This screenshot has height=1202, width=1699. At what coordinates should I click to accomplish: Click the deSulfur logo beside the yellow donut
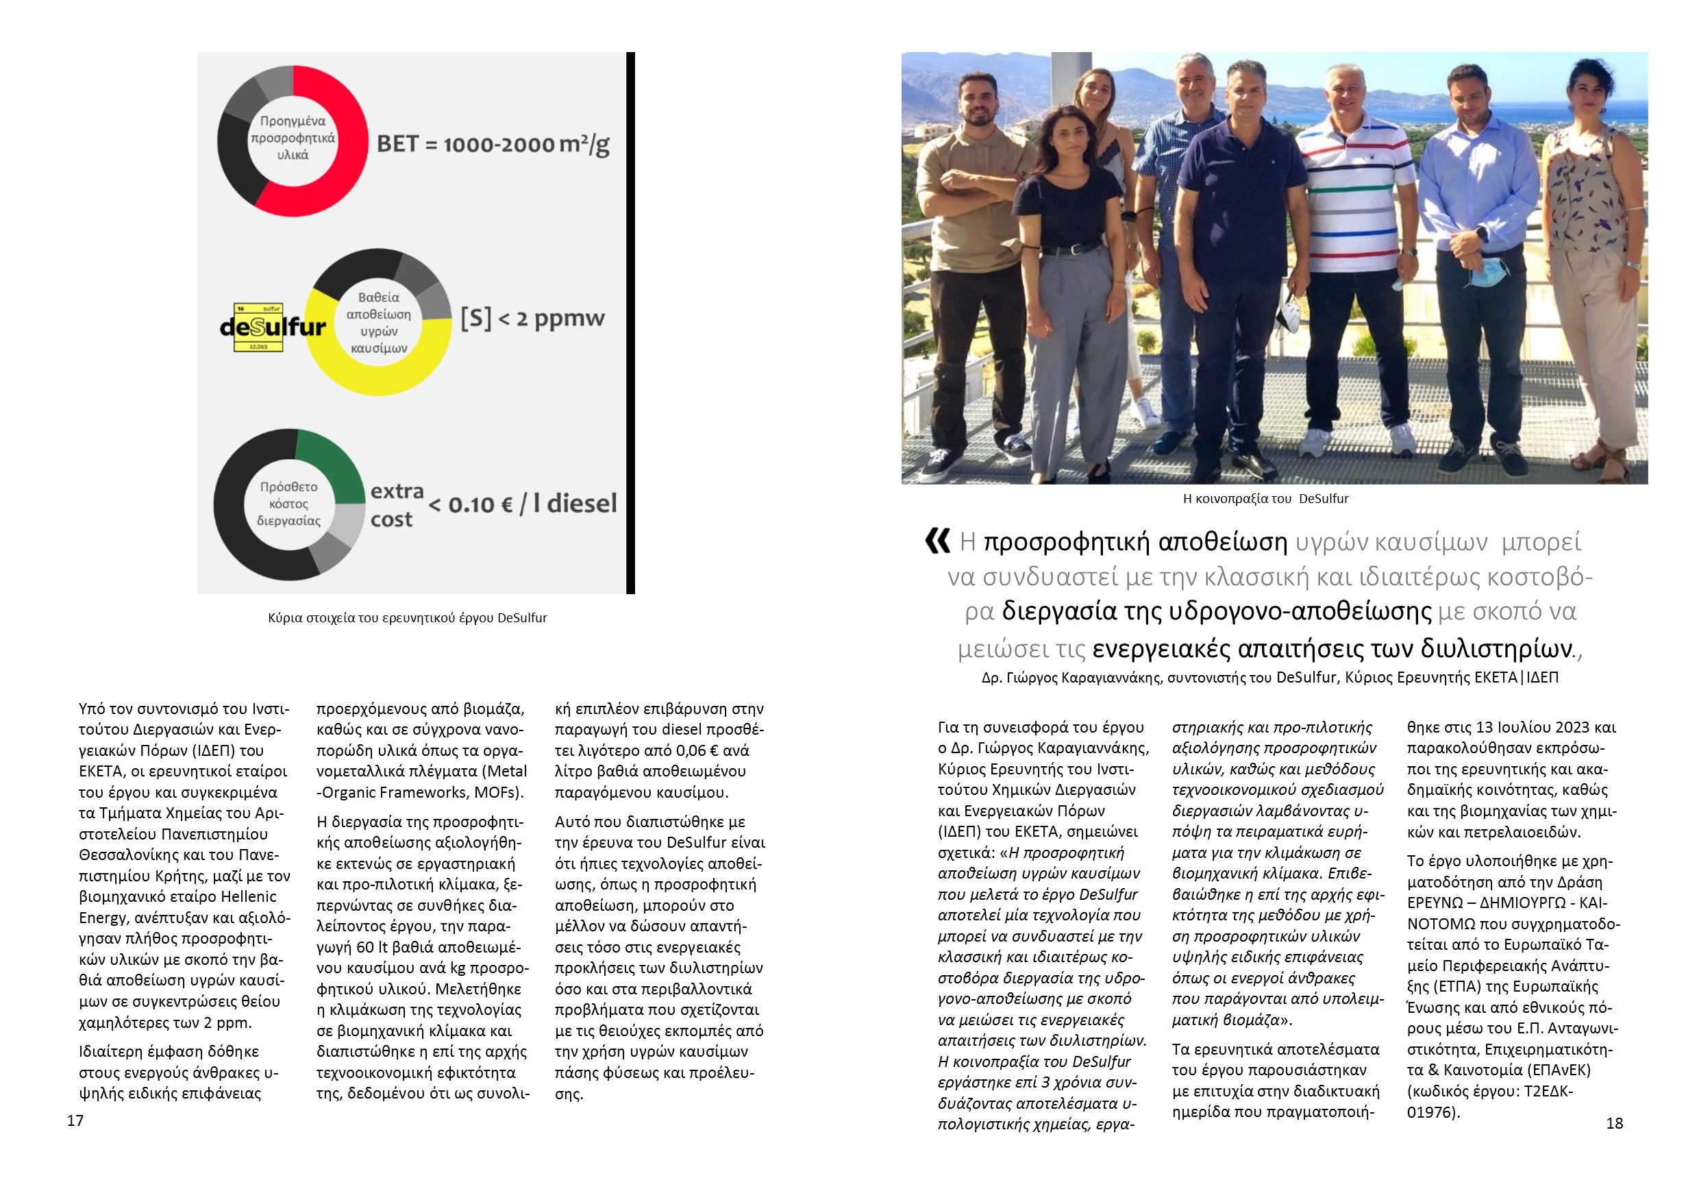pos(272,326)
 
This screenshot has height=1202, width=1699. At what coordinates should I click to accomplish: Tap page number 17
pos(75,1120)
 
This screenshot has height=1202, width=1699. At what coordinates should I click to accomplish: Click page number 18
pos(1614,1123)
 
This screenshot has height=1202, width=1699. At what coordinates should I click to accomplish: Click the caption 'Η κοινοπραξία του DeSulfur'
pos(1265,499)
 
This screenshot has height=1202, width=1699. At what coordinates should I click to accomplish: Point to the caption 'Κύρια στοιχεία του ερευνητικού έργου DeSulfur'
pos(407,618)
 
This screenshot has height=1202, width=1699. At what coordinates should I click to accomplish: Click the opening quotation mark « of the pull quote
pos(938,541)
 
